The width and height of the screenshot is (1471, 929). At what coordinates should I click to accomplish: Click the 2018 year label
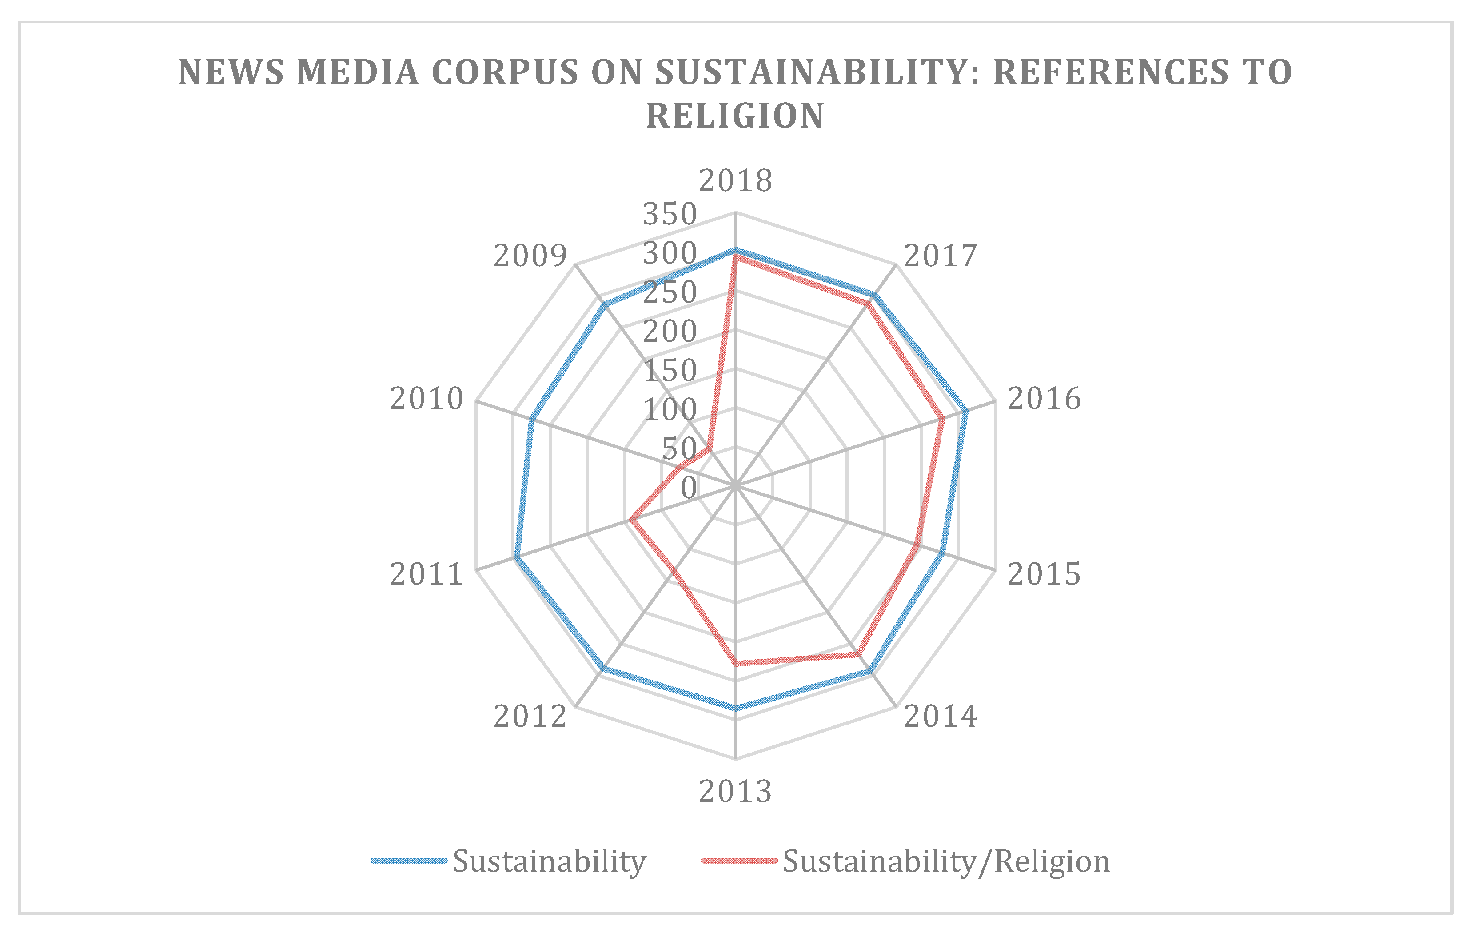(x=736, y=181)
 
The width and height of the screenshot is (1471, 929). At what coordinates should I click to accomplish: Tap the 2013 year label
(x=736, y=792)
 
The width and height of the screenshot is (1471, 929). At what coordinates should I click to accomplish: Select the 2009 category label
(x=530, y=256)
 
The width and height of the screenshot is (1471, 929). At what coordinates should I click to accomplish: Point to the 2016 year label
(x=1044, y=399)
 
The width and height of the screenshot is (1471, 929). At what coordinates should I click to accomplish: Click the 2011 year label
(x=427, y=574)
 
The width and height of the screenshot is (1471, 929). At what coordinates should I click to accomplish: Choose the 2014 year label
(x=941, y=717)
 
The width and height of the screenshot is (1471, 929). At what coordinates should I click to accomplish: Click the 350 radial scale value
(x=670, y=215)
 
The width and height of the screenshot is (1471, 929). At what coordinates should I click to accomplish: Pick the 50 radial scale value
(x=679, y=449)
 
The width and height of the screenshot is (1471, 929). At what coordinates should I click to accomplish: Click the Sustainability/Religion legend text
(x=945, y=862)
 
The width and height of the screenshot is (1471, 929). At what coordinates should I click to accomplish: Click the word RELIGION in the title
(x=736, y=116)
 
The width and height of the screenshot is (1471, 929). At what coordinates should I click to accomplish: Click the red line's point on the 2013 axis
(x=736, y=662)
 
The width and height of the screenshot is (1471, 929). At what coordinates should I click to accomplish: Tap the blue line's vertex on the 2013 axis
(x=736, y=709)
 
